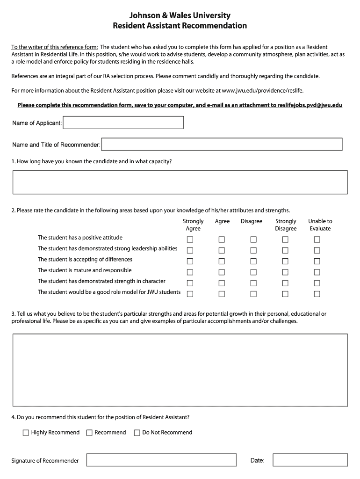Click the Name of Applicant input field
pos(123,123)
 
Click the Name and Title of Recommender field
pos(222,144)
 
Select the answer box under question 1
pos(180,182)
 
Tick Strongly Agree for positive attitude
pos(190,239)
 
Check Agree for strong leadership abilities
pos(222,250)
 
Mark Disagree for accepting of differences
pos(253,261)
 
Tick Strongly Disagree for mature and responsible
pos(285,272)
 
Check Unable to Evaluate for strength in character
pos(317,283)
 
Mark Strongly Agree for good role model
pos(190,294)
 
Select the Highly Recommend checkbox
pos(26,433)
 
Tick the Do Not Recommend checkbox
pos(137,433)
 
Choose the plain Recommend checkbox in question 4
pos(89,433)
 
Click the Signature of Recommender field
pos(162,460)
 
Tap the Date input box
pos(310,460)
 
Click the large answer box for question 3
pos(180,370)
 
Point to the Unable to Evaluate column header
pos(320,225)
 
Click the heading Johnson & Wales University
pos(180,16)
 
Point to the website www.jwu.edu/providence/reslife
pos(266,90)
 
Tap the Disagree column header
pos(252,221)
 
